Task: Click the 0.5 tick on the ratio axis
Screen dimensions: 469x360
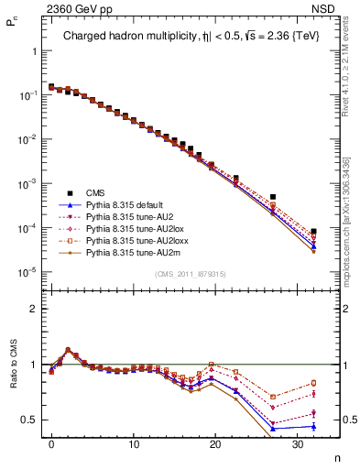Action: (29, 420)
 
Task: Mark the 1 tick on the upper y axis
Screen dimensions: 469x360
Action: (33, 51)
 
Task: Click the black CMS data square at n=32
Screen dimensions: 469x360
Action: (313, 232)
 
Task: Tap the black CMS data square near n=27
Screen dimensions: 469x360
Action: (273, 197)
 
